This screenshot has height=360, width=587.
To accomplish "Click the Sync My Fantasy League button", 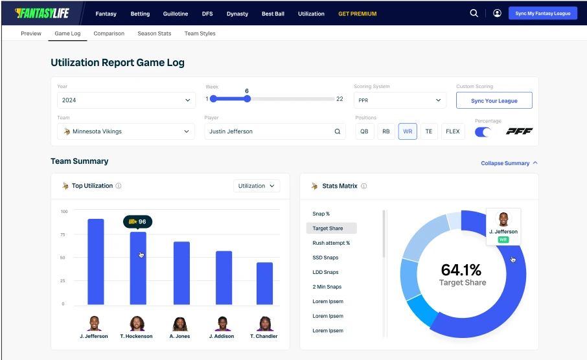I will (542, 13).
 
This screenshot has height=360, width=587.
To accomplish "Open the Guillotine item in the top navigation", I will (176, 14).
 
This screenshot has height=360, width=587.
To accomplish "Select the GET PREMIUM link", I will (357, 14).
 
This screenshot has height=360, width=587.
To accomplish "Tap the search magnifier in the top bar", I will (474, 13).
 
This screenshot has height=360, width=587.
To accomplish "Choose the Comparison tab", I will (109, 34).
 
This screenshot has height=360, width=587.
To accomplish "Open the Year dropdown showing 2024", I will (126, 100).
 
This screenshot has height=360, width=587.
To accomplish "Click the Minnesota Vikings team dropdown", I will (126, 131).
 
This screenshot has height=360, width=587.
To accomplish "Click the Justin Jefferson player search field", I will (275, 131).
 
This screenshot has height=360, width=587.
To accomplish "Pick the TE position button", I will (428, 131).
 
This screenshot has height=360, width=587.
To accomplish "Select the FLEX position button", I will (453, 131).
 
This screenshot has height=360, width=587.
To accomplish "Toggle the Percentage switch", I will (483, 132).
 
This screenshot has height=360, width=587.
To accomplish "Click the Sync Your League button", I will (494, 100).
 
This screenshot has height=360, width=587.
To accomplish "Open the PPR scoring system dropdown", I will (400, 100).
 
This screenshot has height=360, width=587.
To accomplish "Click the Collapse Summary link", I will (509, 163).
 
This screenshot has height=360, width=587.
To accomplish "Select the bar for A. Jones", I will (181, 273).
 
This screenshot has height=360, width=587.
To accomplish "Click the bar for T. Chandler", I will (264, 283).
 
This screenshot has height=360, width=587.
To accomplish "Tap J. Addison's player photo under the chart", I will (224, 323).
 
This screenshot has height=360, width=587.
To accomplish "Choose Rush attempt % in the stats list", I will (331, 243).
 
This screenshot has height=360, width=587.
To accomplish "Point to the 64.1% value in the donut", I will (461, 270).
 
